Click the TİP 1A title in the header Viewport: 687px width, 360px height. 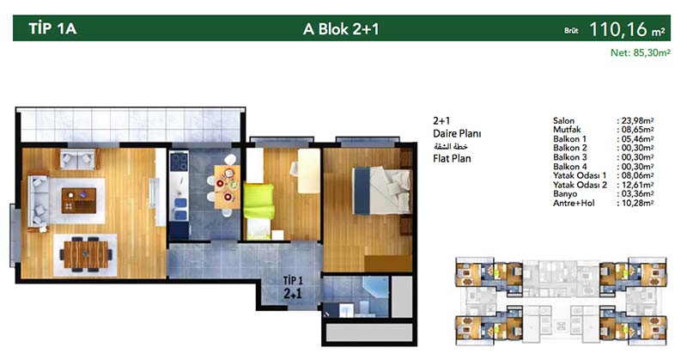(x=52, y=28)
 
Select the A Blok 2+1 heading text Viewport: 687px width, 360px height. (x=341, y=29)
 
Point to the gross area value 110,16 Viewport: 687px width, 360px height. (x=618, y=29)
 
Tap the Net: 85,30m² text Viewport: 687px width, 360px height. (x=640, y=52)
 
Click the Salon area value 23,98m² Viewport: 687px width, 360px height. (x=637, y=120)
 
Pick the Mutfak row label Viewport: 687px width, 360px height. (x=567, y=130)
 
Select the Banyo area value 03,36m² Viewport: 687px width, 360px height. (x=637, y=194)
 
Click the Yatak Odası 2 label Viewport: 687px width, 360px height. (x=580, y=185)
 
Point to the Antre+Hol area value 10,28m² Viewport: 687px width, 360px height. (x=637, y=203)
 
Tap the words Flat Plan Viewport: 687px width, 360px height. (x=452, y=158)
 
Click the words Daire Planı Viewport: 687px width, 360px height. (x=457, y=133)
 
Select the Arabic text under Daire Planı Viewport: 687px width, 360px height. (x=450, y=146)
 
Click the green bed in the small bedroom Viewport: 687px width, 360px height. (x=258, y=201)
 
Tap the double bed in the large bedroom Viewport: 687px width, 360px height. (x=382, y=191)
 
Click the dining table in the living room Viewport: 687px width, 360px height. (x=85, y=254)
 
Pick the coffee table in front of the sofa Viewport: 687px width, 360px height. (x=79, y=201)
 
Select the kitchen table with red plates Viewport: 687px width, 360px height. (x=227, y=187)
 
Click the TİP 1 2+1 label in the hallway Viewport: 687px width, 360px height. (x=292, y=287)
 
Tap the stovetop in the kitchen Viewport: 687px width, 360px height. (x=179, y=162)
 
